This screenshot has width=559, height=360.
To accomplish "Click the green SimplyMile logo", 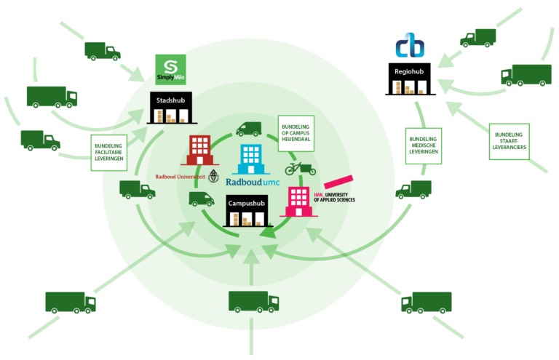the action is [170, 69].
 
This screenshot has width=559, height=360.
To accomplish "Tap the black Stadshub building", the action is [172, 108].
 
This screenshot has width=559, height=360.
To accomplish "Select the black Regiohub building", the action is [410, 79].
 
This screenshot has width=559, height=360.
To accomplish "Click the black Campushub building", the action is [247, 211].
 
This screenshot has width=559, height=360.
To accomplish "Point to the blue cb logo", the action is [410, 45].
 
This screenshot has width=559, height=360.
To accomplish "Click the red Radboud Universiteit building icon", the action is [199, 150].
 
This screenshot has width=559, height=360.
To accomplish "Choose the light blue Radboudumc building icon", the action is [251, 159].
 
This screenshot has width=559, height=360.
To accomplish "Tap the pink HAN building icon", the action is [298, 201].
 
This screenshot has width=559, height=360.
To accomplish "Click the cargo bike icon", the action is [301, 169].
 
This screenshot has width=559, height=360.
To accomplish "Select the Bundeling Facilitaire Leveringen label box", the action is [108, 153].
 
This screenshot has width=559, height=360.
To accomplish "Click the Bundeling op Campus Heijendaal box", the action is [296, 133].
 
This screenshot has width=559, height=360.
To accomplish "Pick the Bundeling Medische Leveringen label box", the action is [424, 145].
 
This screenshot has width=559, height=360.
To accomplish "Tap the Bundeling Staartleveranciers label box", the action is [509, 141].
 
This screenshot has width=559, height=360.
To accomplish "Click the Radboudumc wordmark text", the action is [253, 182].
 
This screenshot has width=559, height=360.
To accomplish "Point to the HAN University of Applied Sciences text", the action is [334, 197].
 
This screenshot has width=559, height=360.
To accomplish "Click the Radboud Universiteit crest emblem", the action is [213, 176].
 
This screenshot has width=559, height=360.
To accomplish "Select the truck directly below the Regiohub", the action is [413, 189].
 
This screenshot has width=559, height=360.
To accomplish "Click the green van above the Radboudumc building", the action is [249, 129].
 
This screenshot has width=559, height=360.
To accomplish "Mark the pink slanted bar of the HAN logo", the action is [338, 182].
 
